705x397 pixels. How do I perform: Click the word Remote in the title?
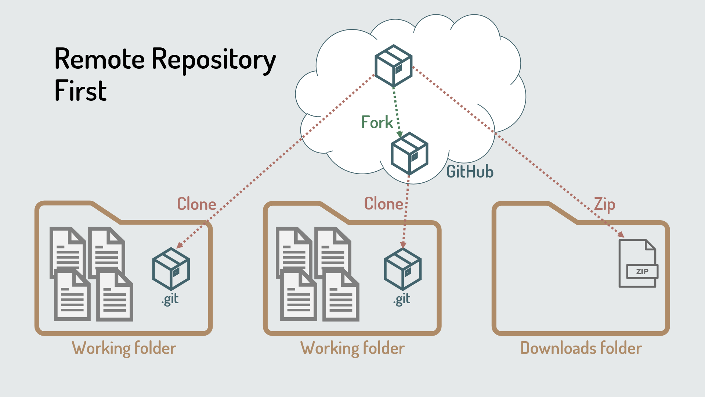pyautogui.click(x=100, y=59)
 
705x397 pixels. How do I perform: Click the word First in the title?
pyautogui.click(x=80, y=91)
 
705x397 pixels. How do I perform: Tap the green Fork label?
pyautogui.click(x=377, y=122)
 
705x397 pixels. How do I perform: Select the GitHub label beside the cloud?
pyautogui.click(x=470, y=172)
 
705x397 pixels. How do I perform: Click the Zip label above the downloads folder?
pyautogui.click(x=604, y=204)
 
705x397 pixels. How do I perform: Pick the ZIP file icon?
pyautogui.click(x=638, y=263)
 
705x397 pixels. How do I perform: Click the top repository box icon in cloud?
pyautogui.click(x=393, y=66)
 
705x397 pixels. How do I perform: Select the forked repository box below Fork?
pyautogui.click(x=409, y=154)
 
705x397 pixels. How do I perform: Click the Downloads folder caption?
pyautogui.click(x=581, y=348)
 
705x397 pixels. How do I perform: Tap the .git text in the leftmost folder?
pyautogui.click(x=170, y=299)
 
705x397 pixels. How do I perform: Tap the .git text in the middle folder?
pyautogui.click(x=402, y=299)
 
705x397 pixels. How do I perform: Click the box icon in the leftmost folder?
pyautogui.click(x=171, y=269)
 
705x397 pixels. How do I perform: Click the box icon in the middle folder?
pyautogui.click(x=402, y=269)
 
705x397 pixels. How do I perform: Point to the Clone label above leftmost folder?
pyautogui.click(x=196, y=204)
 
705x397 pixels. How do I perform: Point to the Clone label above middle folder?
pyautogui.click(x=383, y=204)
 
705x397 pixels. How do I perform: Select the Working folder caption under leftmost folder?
pyautogui.click(x=124, y=348)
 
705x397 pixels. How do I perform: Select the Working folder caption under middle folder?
pyautogui.click(x=352, y=348)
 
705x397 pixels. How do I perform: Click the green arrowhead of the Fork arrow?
pyautogui.click(x=400, y=134)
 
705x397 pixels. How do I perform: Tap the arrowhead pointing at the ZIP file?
pyautogui.click(x=621, y=234)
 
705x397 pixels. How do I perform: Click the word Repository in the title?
pyautogui.click(x=213, y=59)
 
